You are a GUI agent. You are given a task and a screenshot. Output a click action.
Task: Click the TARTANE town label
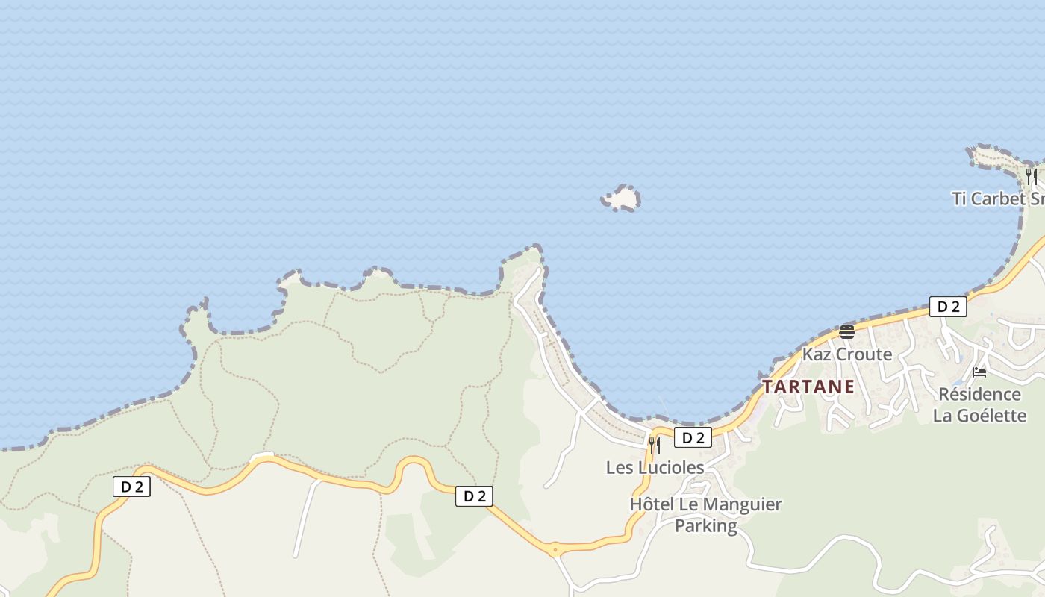pos(808,387)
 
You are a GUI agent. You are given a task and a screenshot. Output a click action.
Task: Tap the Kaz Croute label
pos(847,354)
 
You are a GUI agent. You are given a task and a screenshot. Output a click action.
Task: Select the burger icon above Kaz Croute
pos(846,332)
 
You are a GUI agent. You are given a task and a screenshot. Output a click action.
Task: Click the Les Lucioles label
pos(655,467)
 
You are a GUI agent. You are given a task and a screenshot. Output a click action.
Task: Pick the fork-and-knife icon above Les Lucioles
pos(655,446)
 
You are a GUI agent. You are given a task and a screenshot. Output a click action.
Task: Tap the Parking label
pos(705,525)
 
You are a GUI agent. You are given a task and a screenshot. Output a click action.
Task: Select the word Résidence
pos(979,394)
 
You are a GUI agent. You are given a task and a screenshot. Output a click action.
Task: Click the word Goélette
pos(991,416)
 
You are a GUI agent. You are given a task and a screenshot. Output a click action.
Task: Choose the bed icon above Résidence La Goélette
pos(979,372)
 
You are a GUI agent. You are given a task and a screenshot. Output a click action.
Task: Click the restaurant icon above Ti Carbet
pos(1031,177)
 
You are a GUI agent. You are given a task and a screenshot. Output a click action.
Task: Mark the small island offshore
pos(621,199)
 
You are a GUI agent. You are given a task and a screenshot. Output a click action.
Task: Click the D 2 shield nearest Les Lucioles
pos(693,438)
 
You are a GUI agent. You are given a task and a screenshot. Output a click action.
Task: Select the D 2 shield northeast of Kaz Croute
pos(948,306)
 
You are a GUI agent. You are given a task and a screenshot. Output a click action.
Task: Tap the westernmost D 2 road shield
pos(131,487)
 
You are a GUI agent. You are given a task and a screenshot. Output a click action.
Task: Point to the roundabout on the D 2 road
pos(553,550)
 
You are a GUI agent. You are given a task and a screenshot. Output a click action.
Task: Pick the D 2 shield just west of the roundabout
pos(474,496)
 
